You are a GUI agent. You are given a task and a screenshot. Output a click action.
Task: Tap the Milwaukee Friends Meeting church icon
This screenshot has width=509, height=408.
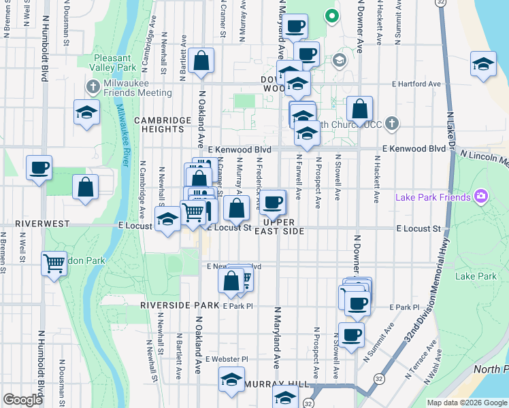(94, 86)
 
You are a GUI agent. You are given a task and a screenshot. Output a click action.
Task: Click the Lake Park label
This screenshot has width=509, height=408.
(476, 276)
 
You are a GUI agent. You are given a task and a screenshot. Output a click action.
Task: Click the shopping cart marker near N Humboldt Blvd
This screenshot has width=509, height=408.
(54, 262)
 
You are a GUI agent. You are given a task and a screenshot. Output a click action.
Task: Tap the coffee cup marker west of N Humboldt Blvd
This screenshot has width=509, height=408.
(39, 167)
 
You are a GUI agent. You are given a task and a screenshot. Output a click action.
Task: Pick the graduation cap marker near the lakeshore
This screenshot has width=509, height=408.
(482, 65)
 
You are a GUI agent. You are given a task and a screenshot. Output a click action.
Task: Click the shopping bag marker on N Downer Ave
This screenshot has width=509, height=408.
(359, 109)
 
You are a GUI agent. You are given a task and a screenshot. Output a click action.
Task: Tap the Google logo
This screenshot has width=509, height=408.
(22, 400)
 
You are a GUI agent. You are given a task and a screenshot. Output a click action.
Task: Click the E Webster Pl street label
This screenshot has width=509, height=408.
(227, 358)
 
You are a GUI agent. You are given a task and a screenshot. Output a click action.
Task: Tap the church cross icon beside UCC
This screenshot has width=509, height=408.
(391, 124)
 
